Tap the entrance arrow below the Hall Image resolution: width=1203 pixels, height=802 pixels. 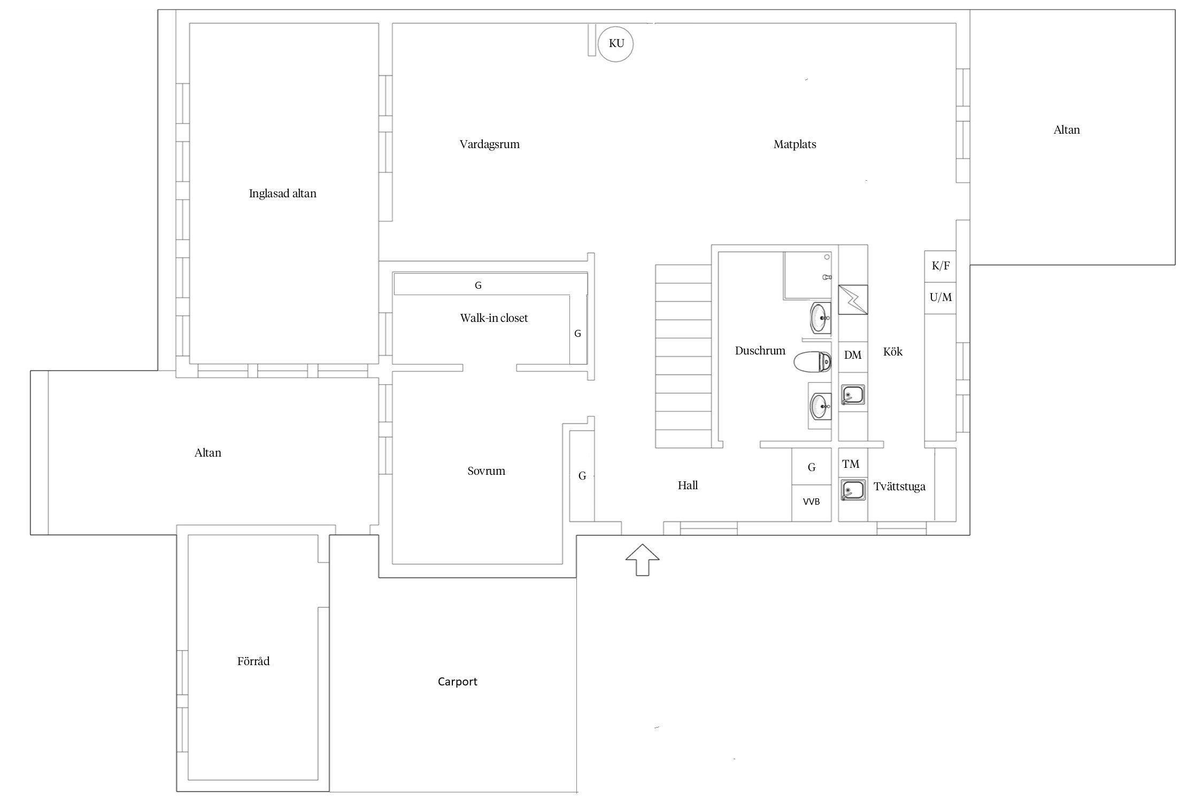pyautogui.click(x=642, y=559)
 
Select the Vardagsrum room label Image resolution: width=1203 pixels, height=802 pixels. pyautogui.click(x=489, y=144)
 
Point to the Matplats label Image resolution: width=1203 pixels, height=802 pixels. pyautogui.click(x=795, y=144)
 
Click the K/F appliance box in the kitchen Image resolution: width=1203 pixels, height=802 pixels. pyautogui.click(x=940, y=266)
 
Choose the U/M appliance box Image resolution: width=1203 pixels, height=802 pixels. pyautogui.click(x=940, y=298)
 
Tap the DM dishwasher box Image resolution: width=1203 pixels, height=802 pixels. pyautogui.click(x=853, y=357)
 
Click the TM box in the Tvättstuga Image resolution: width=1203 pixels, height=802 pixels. pyautogui.click(x=851, y=464)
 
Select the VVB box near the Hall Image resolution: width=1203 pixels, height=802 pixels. pyautogui.click(x=811, y=503)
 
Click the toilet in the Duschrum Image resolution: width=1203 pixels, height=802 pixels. pyautogui.click(x=812, y=362)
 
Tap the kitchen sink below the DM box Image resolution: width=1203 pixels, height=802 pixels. pyautogui.click(x=853, y=396)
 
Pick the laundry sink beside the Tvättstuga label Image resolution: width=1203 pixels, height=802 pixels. pyautogui.click(x=853, y=490)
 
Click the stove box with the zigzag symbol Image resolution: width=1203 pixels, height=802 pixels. pyautogui.click(x=853, y=299)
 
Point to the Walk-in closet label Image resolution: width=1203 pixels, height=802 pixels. pyautogui.click(x=493, y=318)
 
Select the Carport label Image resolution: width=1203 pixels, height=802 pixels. pyautogui.click(x=457, y=682)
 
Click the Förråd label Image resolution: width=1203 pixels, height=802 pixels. pyautogui.click(x=253, y=661)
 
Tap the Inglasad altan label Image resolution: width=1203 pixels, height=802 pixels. pyautogui.click(x=282, y=194)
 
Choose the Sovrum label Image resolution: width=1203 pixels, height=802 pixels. pyautogui.click(x=486, y=471)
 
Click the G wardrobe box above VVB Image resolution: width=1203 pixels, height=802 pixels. pyautogui.click(x=811, y=467)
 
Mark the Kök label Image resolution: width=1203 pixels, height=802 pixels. pyautogui.click(x=893, y=351)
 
